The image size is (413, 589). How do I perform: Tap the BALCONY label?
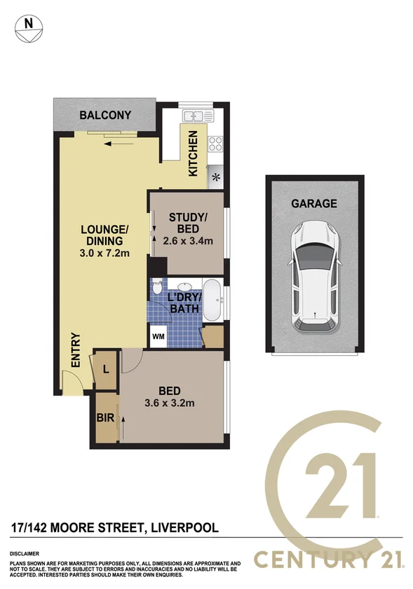click(105, 115)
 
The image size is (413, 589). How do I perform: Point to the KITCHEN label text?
click(194, 154)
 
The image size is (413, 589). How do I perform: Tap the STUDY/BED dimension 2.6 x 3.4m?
click(187, 240)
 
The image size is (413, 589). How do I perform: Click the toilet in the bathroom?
click(158, 288)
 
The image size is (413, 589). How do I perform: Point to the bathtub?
click(213, 300)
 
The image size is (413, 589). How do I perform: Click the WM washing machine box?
click(158, 335)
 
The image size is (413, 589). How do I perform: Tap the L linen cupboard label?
click(105, 368)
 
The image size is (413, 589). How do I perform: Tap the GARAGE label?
click(314, 204)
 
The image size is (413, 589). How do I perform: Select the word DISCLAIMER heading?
click(27, 553)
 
